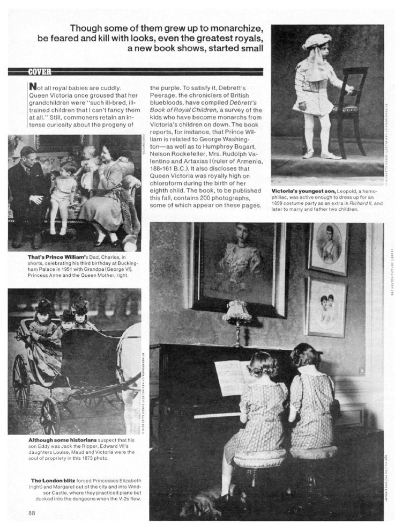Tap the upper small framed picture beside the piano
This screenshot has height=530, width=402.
coord(327,247)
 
